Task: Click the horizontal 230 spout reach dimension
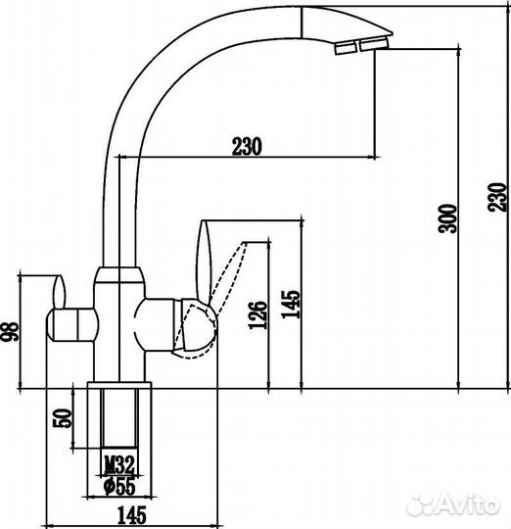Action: point(247,146)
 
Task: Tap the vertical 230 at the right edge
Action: point(498,197)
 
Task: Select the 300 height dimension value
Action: point(447,218)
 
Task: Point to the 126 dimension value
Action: point(257,315)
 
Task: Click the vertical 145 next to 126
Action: point(290,304)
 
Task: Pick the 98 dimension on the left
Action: point(10,332)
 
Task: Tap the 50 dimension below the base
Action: point(64,418)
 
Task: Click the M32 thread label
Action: point(119,465)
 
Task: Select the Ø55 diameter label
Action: point(119,486)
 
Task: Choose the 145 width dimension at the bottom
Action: point(132,514)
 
